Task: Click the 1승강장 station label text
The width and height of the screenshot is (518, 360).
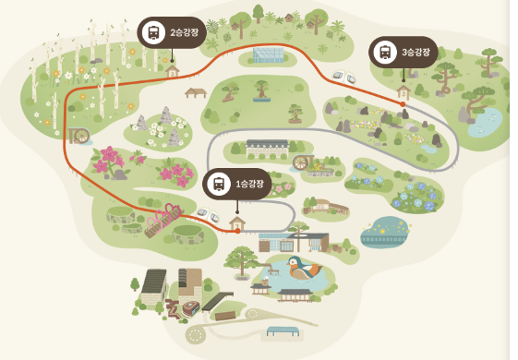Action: pyautogui.click(x=249, y=184)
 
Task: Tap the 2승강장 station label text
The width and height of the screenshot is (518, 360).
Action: pyautogui.click(x=185, y=32)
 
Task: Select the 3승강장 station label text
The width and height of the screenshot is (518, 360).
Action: pyautogui.click(x=416, y=52)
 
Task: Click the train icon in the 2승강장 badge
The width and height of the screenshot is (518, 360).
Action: pyautogui.click(x=153, y=32)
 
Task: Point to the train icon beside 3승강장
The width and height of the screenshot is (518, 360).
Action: pyautogui.click(x=385, y=53)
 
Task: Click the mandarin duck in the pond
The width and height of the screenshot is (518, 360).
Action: pyautogui.click(x=303, y=269)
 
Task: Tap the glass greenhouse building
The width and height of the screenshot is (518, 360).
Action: pyautogui.click(x=269, y=54)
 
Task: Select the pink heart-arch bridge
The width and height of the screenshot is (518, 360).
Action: pyautogui.click(x=163, y=219)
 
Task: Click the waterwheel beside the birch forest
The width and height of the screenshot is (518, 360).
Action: pyautogui.click(x=79, y=136)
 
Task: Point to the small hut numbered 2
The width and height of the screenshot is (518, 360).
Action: pyautogui.click(x=172, y=71)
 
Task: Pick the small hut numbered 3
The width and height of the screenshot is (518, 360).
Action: pyautogui.click(x=403, y=92)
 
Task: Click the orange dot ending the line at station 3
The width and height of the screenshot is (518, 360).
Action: pyautogui.click(x=403, y=104)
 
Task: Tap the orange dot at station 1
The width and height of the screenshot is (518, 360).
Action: pyautogui.click(x=237, y=231)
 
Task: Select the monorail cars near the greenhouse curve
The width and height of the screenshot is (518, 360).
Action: pyautogui.click(x=343, y=77)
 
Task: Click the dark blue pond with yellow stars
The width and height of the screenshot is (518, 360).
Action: pyautogui.click(x=385, y=232)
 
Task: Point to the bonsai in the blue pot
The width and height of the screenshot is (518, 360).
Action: pyautogui.click(x=261, y=90)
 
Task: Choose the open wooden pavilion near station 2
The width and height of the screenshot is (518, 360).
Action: pyautogui.click(x=196, y=93)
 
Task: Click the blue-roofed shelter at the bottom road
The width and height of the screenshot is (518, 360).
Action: pyautogui.click(x=283, y=331)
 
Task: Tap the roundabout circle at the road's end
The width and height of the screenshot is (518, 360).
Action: pyautogui.click(x=196, y=336)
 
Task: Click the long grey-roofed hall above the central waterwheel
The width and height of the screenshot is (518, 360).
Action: pyautogui.click(x=267, y=149)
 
